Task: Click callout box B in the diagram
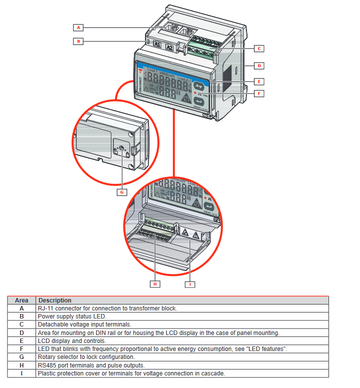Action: (78, 41)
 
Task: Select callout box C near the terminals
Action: (259, 48)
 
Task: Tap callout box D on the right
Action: (259, 65)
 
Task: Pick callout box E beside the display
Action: (259, 81)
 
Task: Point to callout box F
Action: (259, 93)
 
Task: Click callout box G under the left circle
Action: (121, 191)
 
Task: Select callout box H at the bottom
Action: (155, 284)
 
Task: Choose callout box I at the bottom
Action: (190, 284)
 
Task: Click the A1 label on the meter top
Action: (156, 46)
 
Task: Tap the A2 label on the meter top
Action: (170, 47)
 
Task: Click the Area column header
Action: (21, 300)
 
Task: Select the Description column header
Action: (55, 300)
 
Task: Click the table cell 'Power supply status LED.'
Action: (72, 316)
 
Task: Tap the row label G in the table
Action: (21, 357)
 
